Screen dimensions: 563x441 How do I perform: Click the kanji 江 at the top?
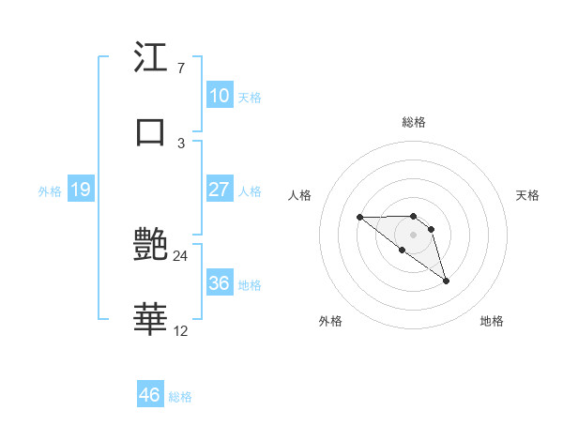[x=151, y=59]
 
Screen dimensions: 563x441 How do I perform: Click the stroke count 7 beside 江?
[x=180, y=68]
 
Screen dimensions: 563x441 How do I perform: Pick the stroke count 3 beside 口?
[x=180, y=143]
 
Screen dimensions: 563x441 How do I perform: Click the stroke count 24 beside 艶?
[x=180, y=255]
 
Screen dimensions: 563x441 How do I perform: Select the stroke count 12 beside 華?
[x=180, y=330]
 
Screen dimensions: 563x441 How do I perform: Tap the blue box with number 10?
[x=220, y=96]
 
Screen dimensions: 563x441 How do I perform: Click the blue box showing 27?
[x=220, y=190]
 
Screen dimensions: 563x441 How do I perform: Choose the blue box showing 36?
[x=220, y=283]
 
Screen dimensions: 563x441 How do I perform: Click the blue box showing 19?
[x=80, y=190]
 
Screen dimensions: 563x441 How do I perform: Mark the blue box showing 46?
[x=150, y=395]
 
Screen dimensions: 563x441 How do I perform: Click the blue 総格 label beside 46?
[x=180, y=397]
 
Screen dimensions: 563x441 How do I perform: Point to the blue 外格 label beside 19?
[x=50, y=191]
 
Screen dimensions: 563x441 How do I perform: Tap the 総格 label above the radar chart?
[x=414, y=122]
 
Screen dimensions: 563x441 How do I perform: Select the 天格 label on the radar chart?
[x=527, y=195]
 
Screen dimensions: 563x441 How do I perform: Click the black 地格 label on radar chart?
[x=492, y=321]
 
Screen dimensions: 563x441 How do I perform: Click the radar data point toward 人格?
[x=359, y=218]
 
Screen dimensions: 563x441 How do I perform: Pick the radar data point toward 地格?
[x=446, y=281]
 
